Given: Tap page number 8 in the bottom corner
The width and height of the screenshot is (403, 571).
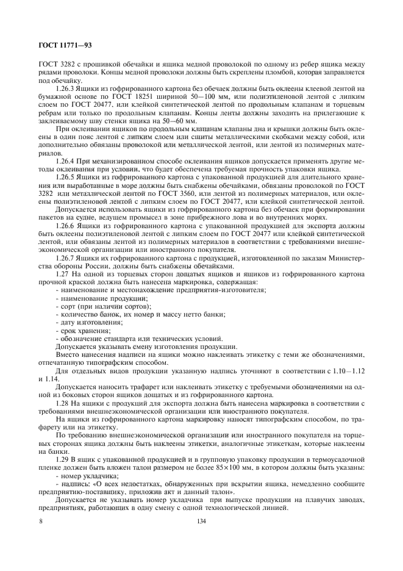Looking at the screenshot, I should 41,520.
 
